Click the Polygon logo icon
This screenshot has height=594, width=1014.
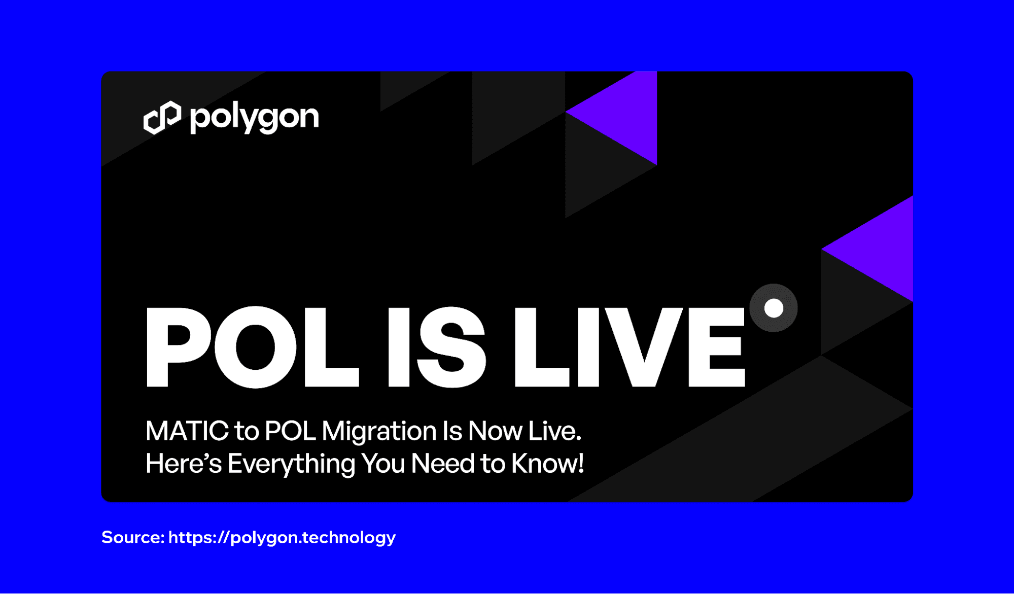(x=162, y=118)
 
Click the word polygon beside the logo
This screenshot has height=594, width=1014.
(x=255, y=119)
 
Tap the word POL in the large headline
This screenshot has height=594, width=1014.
(x=253, y=347)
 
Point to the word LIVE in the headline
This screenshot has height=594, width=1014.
(x=630, y=347)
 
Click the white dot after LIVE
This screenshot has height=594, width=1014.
(x=774, y=308)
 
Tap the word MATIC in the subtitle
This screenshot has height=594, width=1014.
(x=187, y=431)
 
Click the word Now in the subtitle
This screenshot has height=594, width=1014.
(x=495, y=431)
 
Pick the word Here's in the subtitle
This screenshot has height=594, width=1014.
(x=184, y=464)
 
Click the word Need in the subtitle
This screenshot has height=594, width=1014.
(x=442, y=464)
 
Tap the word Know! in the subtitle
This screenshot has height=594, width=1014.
(x=548, y=464)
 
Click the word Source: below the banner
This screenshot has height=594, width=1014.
(x=133, y=537)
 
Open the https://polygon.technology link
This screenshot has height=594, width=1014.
(x=282, y=538)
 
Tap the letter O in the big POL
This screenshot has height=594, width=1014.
(x=255, y=347)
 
